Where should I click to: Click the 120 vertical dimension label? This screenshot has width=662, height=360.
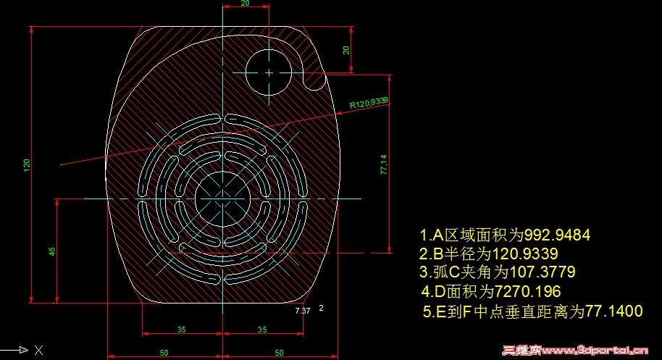coord(27,164)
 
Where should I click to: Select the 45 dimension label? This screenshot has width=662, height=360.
coord(52,251)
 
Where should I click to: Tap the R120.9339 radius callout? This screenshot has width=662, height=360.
coord(369,103)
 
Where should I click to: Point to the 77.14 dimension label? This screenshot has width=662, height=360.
coord(384,164)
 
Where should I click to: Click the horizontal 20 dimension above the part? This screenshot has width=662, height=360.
coord(246,4)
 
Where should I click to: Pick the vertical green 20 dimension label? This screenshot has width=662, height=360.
coord(346,50)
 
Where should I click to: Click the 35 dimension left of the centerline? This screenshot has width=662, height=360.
coord(182,330)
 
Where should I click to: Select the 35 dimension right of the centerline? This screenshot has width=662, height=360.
coord(262,330)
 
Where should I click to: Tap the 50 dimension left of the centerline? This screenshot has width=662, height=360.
coord(164,353)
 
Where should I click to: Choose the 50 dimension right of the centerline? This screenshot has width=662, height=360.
coord(279,353)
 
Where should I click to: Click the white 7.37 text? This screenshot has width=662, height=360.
coord(303,311)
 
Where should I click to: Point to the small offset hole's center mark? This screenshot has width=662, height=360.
coord(269,72)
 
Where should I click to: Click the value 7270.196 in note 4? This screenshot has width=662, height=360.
coord(527,291)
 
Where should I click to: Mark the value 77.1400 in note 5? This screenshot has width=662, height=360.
coord(614,311)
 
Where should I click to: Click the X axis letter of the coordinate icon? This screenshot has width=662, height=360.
coord(38,350)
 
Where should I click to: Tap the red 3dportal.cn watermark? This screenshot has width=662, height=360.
coord(575,351)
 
